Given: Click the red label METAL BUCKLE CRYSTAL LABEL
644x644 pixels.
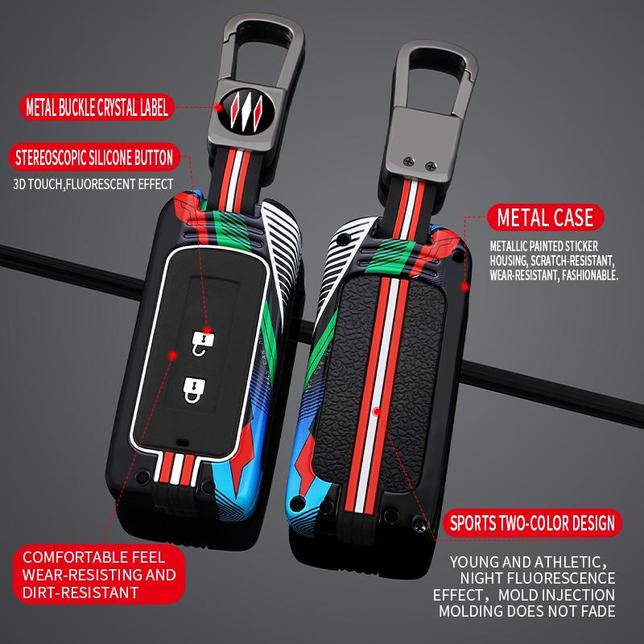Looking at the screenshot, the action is pos(97,107).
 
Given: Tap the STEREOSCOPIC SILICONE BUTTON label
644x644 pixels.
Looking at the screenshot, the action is pos(94,157).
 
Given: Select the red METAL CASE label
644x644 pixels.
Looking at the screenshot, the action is pos(545,217).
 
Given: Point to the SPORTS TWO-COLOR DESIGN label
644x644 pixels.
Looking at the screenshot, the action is pos(532,523).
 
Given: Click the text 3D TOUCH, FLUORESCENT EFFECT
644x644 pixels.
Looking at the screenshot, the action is pos(93,184).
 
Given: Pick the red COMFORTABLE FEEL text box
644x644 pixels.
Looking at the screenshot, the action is pos(98,574).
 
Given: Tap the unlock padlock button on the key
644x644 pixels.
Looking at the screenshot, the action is pos(203,343).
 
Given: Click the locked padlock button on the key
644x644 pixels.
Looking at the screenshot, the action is pos(194,390).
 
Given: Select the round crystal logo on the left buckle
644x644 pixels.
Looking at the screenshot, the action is pos(246,109).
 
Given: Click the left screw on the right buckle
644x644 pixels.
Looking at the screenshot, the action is pos(409,162).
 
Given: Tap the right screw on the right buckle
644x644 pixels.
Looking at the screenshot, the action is pos(431,166).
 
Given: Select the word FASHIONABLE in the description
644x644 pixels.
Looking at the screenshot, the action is pos(590,275).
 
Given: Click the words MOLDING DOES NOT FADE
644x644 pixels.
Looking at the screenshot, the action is pos(527,611).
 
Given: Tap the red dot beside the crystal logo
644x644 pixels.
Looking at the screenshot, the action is pos(219,108).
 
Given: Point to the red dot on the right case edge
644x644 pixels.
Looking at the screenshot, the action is pos(464,287).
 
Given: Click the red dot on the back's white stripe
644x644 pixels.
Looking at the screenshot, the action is pos(377,411).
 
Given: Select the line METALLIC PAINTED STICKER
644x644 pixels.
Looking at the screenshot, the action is pos(544,246).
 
